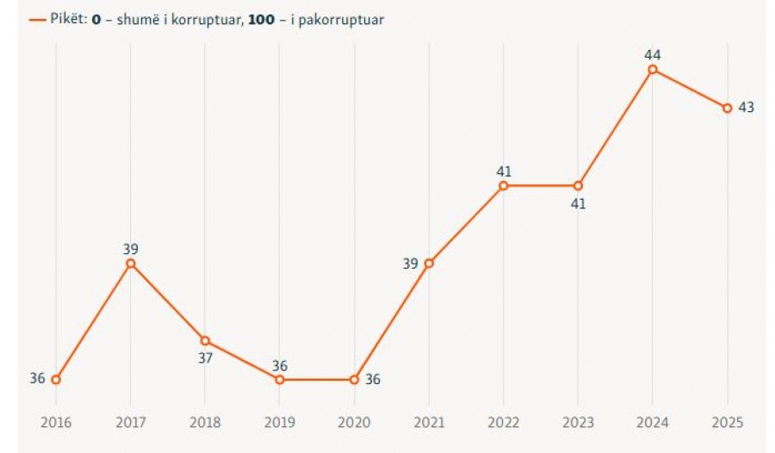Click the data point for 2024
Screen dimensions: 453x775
tap(653, 69)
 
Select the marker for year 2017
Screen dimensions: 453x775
tap(131, 263)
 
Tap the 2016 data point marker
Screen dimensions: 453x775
tap(56, 379)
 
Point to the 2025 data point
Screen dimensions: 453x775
tap(728, 108)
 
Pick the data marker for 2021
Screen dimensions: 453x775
tap(429, 263)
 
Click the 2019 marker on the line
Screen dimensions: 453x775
tap(280, 379)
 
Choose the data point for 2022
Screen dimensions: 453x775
tap(504, 185)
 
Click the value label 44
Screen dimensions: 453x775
tap(653, 54)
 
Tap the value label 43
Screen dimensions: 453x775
tap(747, 109)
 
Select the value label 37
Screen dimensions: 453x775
tap(205, 357)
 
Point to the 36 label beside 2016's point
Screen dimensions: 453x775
tap(37, 378)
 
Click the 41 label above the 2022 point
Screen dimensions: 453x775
tap(504, 171)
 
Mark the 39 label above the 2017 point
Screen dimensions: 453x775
tap(131, 248)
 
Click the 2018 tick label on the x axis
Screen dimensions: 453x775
tap(205, 423)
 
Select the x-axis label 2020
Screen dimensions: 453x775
tap(354, 423)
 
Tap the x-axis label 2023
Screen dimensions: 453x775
tap(578, 423)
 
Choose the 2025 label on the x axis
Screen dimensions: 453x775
tap(728, 423)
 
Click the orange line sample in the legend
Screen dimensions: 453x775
tap(37, 19)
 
